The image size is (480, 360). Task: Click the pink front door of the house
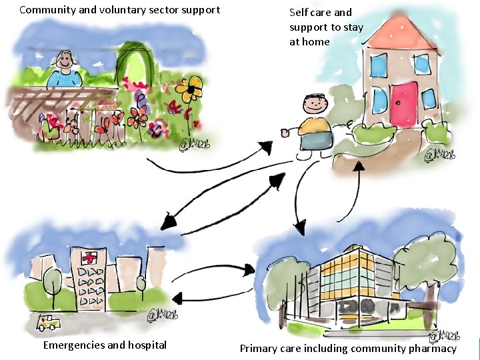pos(403,104)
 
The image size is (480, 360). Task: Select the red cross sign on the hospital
pos(88,258)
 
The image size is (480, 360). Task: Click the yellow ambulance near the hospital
pos(49,323)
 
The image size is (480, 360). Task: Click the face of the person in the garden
pos(65,63)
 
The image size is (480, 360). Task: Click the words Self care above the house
pos(312,12)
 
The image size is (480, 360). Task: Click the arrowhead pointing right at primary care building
pos(249,270)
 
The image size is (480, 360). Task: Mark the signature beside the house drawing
pos(441,155)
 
